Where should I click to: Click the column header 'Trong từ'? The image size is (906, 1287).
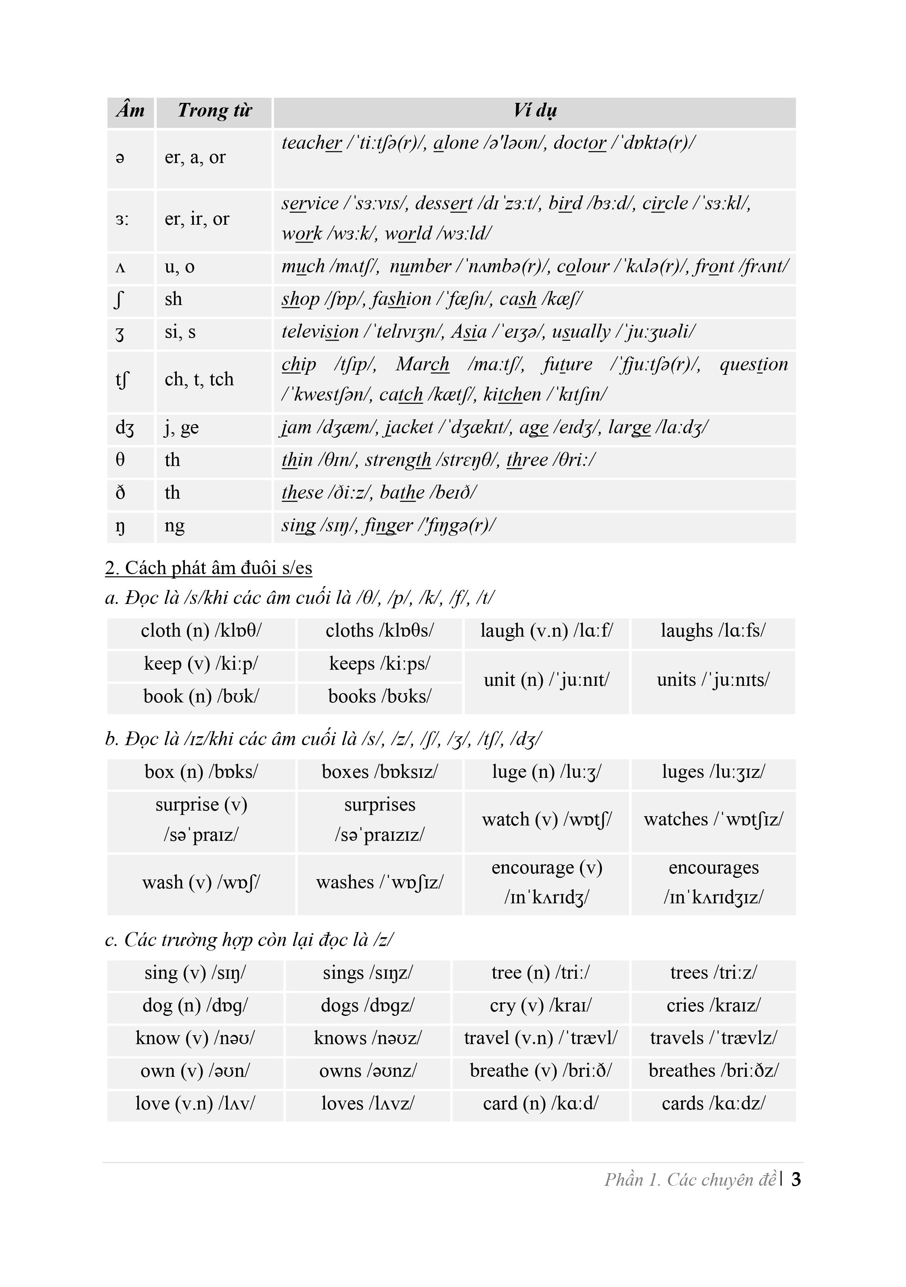pos(214,111)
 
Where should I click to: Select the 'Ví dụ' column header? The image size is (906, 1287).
pos(535,111)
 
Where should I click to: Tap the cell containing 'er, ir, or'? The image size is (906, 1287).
pos(197,219)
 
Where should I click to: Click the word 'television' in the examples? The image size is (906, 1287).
pos(320,332)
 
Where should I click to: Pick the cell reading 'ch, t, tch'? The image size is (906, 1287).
pos(199,380)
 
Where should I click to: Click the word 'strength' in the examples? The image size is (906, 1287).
pos(398,460)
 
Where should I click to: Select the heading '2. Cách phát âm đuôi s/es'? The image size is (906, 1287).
pos(209,568)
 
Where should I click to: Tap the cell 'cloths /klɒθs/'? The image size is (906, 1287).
pos(380,631)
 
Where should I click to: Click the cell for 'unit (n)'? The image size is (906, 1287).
pos(546,680)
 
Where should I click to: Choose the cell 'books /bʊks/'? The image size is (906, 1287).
pos(380,697)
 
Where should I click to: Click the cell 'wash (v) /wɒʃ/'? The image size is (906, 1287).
pos(201,883)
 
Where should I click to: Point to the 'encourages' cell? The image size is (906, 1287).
pos(713,883)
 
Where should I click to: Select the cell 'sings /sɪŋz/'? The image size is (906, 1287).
pos(367,973)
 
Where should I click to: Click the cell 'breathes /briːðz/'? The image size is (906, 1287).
pos(713,1071)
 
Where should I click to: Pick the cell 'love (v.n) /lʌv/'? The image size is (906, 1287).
pos(195,1103)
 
